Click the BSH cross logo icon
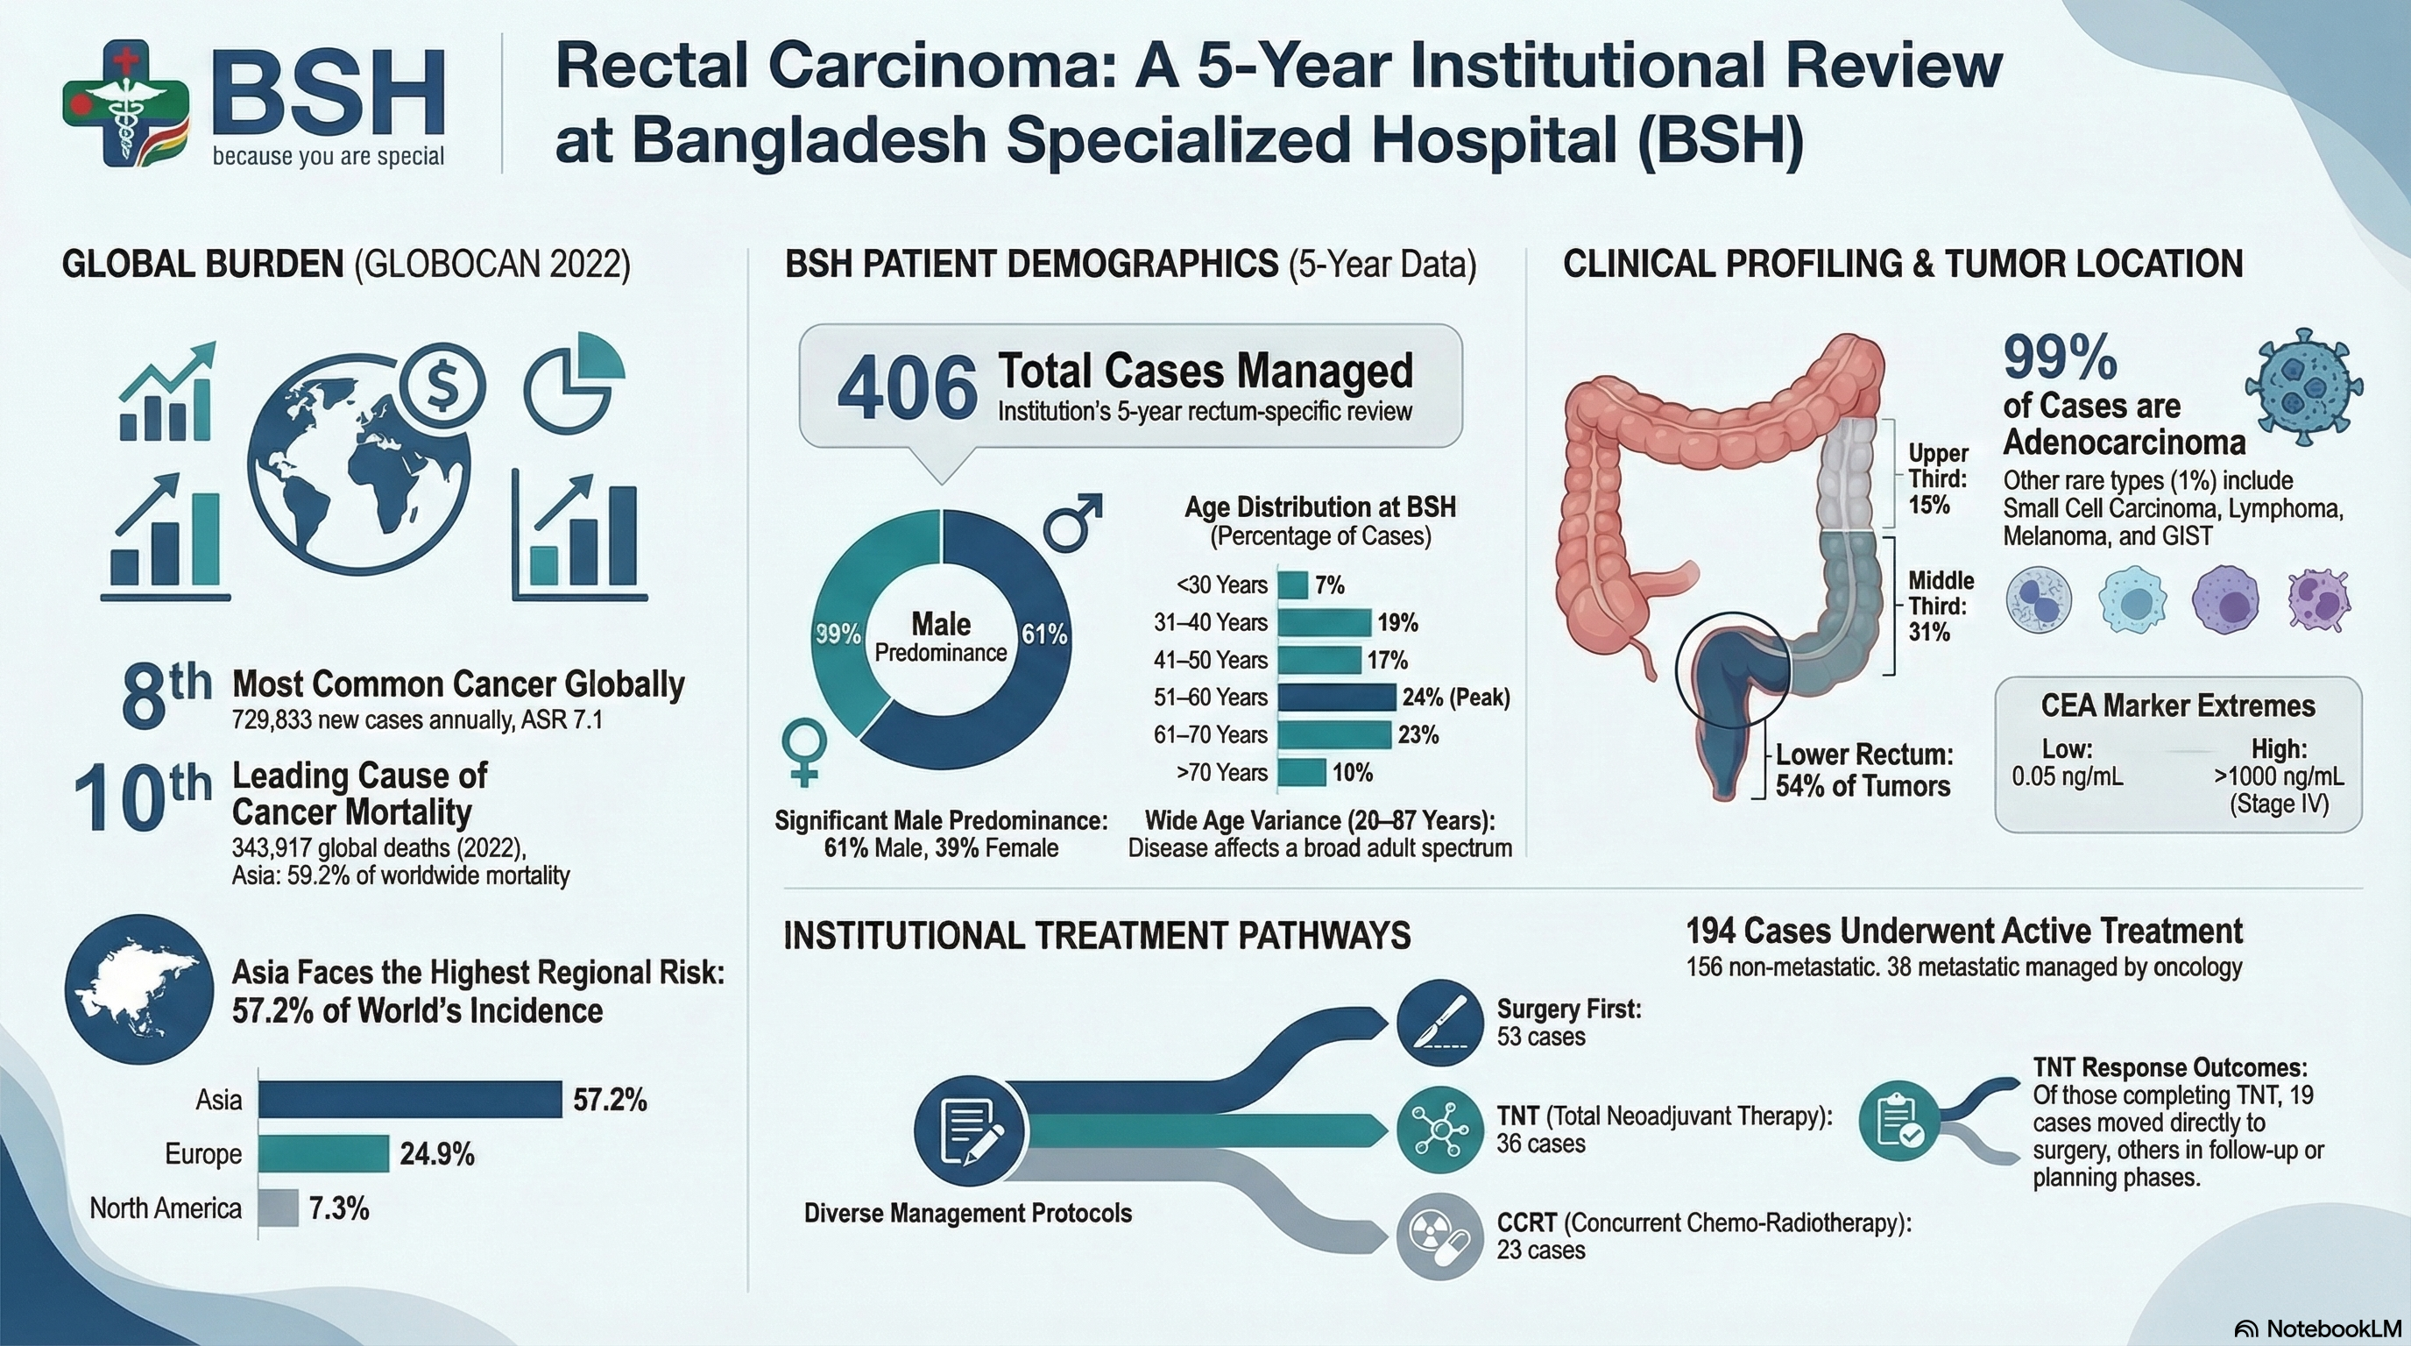pos(126,103)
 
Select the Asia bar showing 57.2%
pos(410,1099)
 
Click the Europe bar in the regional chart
pos(323,1153)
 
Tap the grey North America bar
pos(278,1208)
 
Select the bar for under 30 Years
pos(1292,585)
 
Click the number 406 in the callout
pos(907,389)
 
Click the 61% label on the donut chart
pos(1043,634)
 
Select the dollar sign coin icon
pos(442,386)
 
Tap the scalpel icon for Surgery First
pos(1439,1023)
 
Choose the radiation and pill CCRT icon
pos(1439,1236)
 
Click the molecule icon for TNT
pos(1439,1130)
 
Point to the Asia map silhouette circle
pos(138,989)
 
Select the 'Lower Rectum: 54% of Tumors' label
pos(1863,770)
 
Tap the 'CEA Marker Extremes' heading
pos(2178,705)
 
